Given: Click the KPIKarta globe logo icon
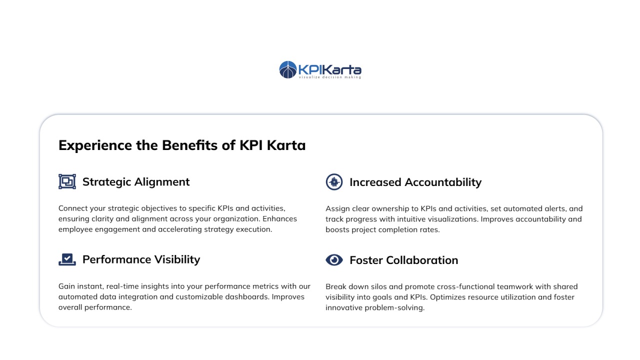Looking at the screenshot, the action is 287,69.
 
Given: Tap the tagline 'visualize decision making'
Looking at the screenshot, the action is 330,77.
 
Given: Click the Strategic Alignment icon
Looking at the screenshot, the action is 67,181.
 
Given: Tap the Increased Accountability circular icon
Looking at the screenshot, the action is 334,181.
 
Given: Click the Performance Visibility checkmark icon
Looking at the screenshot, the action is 67,259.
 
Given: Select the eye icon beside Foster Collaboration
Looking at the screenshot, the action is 334,260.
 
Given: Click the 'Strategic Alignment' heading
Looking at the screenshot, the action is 136,182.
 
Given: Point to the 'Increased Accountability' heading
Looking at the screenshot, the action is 415,182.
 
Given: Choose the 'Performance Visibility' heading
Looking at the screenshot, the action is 141,259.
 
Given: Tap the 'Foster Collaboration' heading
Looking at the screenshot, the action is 403,260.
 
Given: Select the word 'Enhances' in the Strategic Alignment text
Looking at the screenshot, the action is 279,219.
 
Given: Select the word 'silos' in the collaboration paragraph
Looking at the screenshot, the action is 379,286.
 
